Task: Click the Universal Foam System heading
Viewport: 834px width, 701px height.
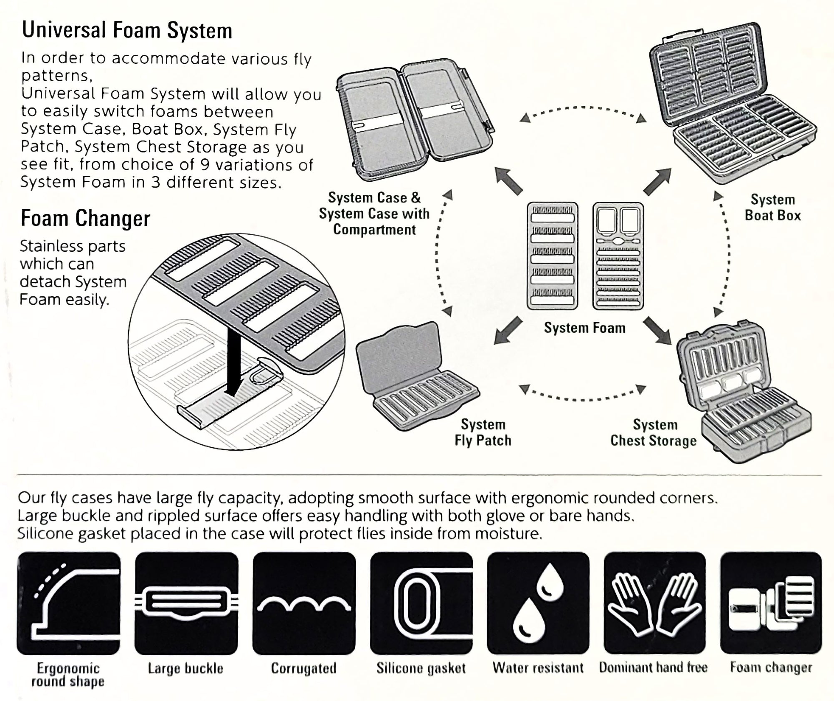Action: click(x=127, y=30)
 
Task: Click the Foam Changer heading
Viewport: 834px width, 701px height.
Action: click(x=85, y=218)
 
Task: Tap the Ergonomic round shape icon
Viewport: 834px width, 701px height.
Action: click(x=68, y=603)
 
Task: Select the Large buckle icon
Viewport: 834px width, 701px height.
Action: click(x=186, y=603)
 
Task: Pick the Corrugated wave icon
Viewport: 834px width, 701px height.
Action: click(x=304, y=603)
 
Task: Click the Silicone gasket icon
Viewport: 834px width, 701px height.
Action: click(x=421, y=603)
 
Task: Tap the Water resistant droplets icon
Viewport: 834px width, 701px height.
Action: click(x=538, y=603)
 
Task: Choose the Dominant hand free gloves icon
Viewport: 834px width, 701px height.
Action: click(x=655, y=603)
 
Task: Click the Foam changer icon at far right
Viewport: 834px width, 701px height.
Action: click(x=771, y=603)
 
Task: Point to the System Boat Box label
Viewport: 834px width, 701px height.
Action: click(x=773, y=208)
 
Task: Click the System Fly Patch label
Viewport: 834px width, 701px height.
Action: click(x=483, y=432)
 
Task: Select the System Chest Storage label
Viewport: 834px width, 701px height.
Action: click(x=653, y=433)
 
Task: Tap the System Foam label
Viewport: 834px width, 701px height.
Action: click(x=585, y=328)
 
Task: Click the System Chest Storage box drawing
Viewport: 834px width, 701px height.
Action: click(x=742, y=392)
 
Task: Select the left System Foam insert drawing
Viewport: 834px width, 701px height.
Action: click(x=552, y=256)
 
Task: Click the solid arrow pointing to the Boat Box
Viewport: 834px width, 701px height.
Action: click(x=657, y=182)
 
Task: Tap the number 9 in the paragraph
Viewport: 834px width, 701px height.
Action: click(x=204, y=165)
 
